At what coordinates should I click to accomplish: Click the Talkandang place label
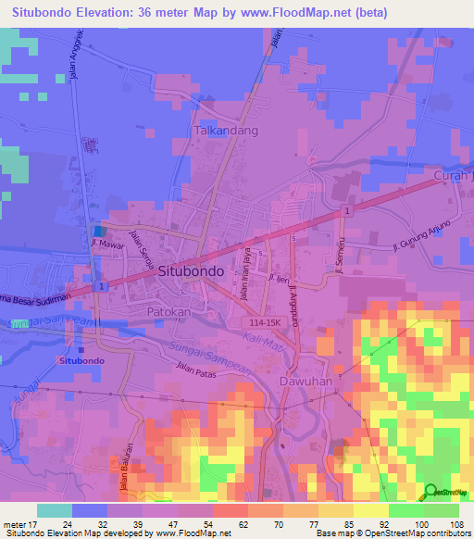[226, 132]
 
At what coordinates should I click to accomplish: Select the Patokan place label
[168, 313]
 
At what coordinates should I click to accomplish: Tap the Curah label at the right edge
[453, 176]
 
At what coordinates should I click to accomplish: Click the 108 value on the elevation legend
[455, 524]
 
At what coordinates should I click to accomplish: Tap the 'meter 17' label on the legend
[19, 524]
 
